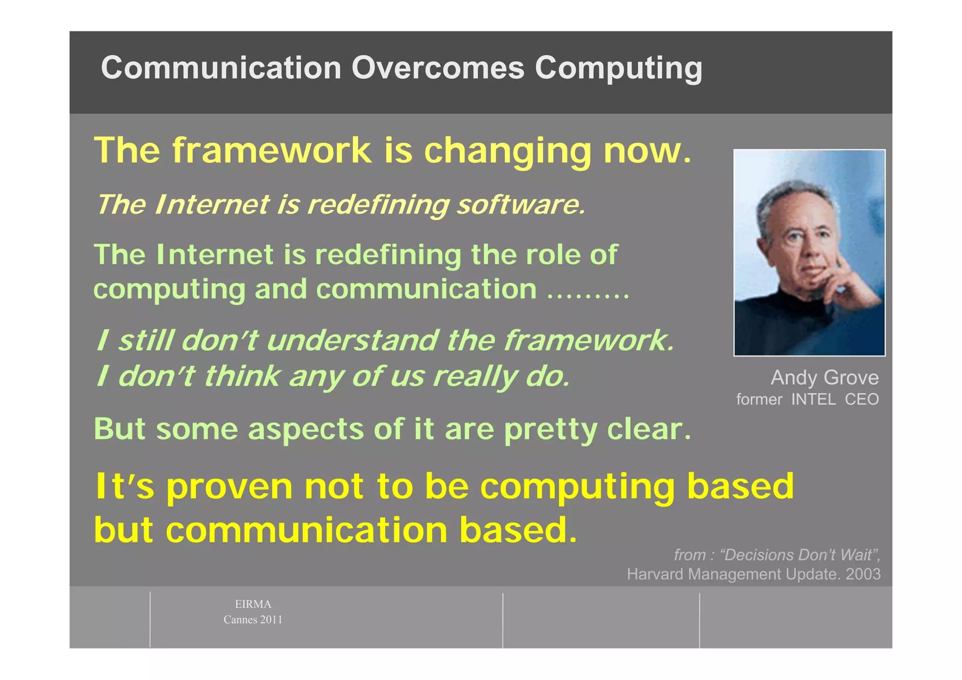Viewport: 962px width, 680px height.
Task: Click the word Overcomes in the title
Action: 437,68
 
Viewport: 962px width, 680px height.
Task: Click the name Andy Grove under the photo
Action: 824,378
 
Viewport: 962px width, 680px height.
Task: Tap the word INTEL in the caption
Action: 813,400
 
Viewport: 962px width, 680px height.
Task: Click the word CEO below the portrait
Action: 861,400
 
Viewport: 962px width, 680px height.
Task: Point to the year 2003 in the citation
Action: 863,574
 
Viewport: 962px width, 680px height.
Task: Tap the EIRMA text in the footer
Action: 253,604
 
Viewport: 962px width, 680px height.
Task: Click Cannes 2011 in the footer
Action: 253,620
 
